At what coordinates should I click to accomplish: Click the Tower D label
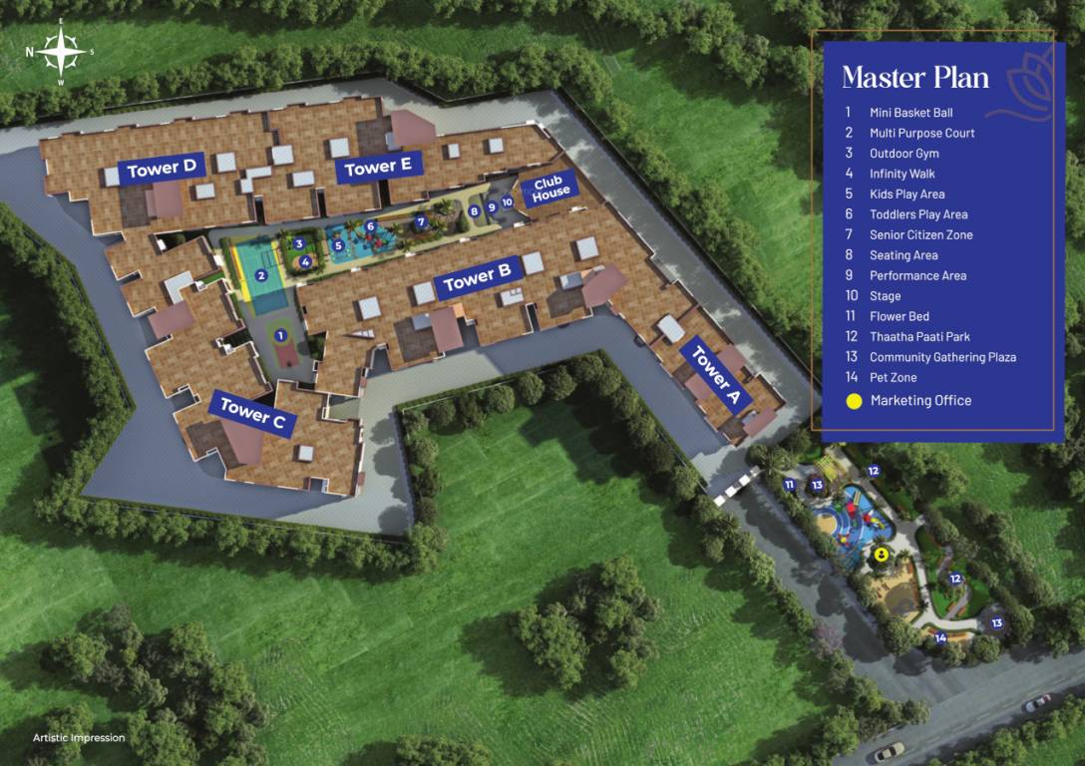click(x=166, y=169)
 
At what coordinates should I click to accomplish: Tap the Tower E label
click(x=378, y=168)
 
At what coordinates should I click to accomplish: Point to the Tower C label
click(x=252, y=412)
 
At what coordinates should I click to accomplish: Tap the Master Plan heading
click(x=915, y=77)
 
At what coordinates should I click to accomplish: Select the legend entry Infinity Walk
click(x=902, y=174)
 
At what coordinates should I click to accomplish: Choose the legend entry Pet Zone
click(x=893, y=378)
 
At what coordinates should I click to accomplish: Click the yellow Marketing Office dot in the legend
click(x=854, y=401)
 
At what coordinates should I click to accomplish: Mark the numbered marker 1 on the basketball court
click(x=281, y=335)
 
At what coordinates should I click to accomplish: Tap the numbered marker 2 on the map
click(x=260, y=276)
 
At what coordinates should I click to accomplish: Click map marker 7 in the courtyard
click(x=421, y=221)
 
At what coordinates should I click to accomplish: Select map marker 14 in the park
click(x=940, y=637)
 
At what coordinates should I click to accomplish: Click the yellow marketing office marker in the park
click(x=882, y=556)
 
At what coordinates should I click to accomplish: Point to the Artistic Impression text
click(x=79, y=738)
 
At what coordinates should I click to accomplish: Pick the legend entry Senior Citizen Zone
click(x=920, y=234)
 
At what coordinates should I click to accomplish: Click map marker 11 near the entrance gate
click(x=789, y=485)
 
